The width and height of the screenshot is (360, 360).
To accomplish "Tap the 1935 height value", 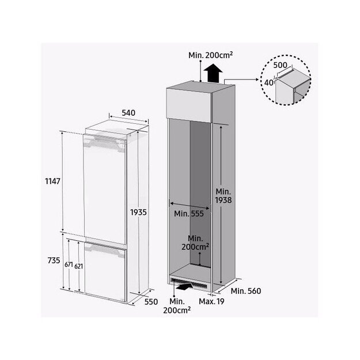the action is [x=138, y=212].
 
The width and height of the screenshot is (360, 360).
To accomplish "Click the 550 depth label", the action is [x=151, y=301].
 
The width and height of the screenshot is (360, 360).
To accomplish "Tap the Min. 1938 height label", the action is [x=223, y=196].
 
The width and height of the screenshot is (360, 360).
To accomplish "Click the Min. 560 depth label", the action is [x=247, y=291].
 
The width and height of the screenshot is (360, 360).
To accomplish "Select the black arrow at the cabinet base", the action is [x=183, y=284].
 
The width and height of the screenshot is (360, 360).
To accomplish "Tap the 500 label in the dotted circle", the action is [x=281, y=66].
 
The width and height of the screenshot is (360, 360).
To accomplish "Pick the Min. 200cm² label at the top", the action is [x=211, y=55].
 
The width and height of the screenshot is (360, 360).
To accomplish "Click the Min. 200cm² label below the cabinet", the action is [x=176, y=305].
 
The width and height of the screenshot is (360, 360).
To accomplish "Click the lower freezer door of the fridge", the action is [x=105, y=271].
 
